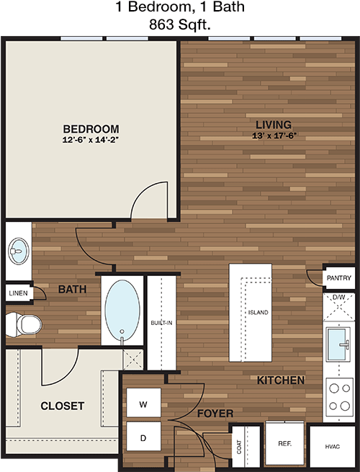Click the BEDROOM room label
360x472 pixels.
(91, 129)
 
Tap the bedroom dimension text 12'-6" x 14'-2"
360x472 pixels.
(91, 140)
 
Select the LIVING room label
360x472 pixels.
(274, 125)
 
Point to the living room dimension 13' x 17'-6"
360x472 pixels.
(274, 135)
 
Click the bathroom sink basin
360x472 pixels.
(19, 251)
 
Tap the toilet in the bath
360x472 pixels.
(24, 324)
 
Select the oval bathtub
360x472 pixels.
(122, 311)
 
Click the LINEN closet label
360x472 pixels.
(18, 293)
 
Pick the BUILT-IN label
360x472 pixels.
(161, 323)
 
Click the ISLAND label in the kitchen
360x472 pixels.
(258, 313)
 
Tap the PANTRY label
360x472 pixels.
(339, 278)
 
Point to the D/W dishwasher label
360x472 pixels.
(338, 298)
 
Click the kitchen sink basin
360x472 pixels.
(337, 344)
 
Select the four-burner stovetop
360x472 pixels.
(340, 397)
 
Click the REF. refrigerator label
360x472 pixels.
(284, 443)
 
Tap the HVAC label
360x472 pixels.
(333, 447)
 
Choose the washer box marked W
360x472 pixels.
(143, 403)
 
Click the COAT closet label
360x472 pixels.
(239, 447)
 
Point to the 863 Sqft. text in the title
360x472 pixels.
(180, 25)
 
